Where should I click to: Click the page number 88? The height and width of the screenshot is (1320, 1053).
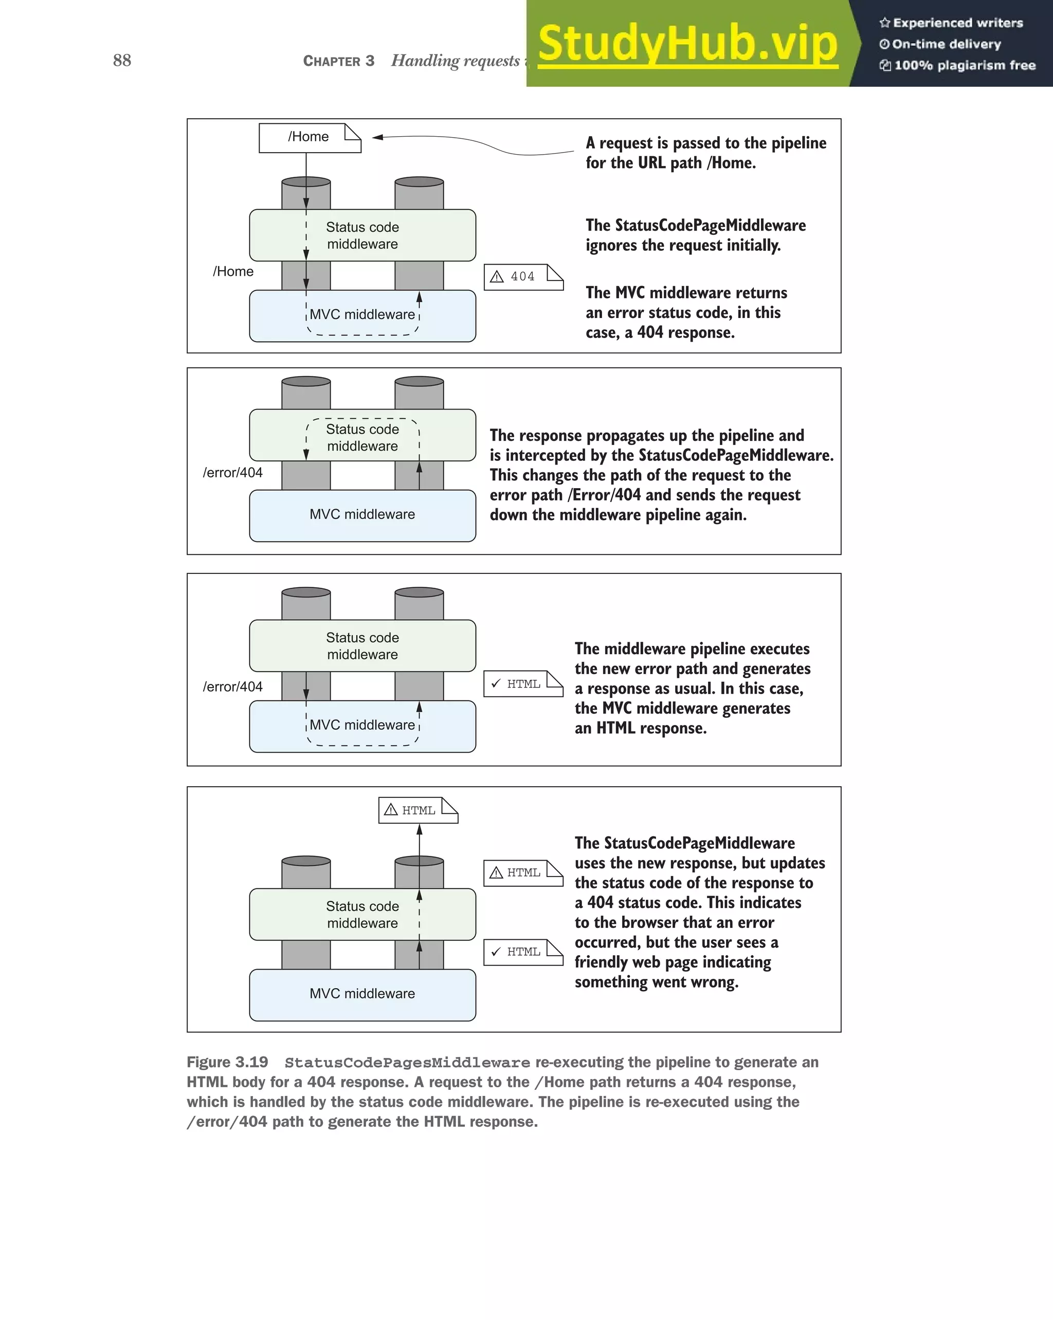click(122, 60)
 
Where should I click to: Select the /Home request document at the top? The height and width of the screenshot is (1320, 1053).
click(310, 137)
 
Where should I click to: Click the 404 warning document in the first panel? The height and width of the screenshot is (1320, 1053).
click(522, 277)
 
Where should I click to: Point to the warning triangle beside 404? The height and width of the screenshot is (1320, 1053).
click(497, 277)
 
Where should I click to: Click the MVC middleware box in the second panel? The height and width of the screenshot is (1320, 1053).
click(362, 515)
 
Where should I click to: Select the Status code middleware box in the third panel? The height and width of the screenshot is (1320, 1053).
click(362, 646)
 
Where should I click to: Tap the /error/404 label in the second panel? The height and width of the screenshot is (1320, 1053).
click(233, 473)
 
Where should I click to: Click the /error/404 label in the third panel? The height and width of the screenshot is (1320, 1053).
click(233, 687)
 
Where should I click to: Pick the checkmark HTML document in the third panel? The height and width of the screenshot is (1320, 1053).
click(522, 684)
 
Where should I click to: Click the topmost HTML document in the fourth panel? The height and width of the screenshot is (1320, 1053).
click(418, 811)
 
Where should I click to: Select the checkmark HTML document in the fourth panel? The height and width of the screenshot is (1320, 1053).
click(522, 952)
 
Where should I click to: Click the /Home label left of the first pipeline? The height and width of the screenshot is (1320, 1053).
click(233, 271)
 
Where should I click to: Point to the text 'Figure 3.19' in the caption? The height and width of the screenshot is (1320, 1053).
click(227, 1062)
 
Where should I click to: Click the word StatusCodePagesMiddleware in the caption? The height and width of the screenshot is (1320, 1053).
click(407, 1063)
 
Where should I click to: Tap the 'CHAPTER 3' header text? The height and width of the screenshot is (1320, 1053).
click(338, 61)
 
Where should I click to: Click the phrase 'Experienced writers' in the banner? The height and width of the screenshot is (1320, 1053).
click(957, 23)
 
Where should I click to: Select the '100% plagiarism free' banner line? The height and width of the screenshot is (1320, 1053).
click(964, 65)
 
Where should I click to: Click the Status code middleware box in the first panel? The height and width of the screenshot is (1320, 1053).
click(362, 236)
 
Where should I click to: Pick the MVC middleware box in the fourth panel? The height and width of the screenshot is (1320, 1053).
click(362, 994)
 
